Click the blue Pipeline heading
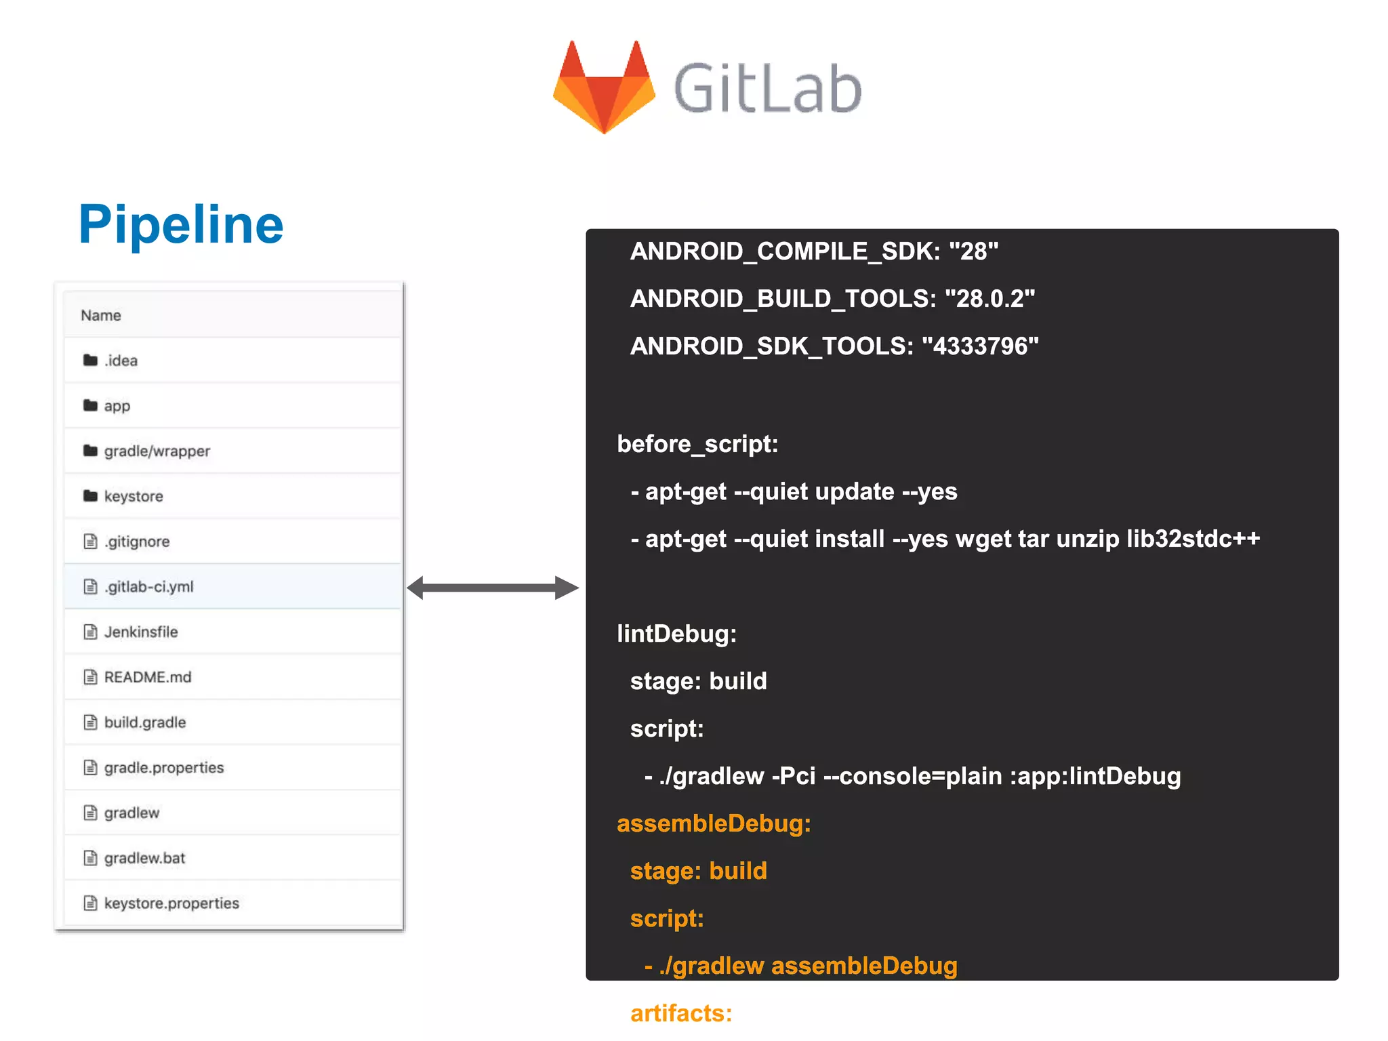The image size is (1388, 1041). click(x=181, y=224)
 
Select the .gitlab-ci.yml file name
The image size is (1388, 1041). click(x=149, y=587)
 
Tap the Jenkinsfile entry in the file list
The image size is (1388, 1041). click(x=141, y=632)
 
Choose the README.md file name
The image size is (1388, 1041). click(x=148, y=677)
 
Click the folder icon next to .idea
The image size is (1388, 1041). click(x=90, y=360)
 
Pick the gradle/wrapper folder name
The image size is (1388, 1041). click(x=157, y=451)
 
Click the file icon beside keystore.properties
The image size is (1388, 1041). click(x=90, y=903)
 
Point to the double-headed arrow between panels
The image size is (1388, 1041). click(x=493, y=588)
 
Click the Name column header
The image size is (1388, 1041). click(x=101, y=316)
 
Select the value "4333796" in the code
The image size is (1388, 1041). click(x=980, y=346)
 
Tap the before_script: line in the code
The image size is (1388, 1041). click(x=697, y=445)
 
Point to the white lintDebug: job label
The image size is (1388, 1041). click(x=676, y=634)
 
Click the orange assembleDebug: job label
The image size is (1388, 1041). click(x=714, y=824)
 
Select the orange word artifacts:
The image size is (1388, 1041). click(x=681, y=1014)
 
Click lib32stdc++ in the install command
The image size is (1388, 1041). click(x=1193, y=539)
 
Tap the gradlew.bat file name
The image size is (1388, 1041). click(x=144, y=858)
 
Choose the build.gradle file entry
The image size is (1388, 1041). click(x=145, y=722)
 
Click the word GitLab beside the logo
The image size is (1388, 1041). click(x=768, y=89)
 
